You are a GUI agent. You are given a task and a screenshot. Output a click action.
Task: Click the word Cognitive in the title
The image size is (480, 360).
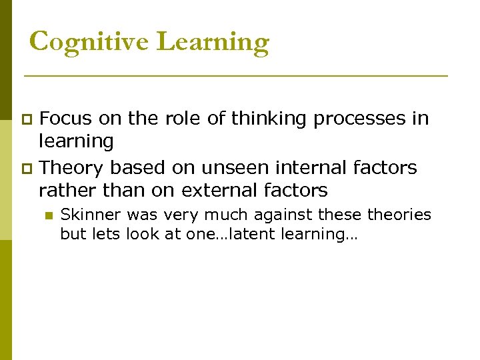(90, 42)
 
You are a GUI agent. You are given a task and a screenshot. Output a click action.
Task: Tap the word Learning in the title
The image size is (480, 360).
(213, 42)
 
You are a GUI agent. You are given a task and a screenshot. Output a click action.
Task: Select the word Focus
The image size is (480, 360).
(66, 119)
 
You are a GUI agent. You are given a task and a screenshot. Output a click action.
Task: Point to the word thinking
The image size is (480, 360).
(269, 119)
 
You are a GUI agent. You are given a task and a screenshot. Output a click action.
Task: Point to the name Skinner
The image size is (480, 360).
(85, 215)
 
